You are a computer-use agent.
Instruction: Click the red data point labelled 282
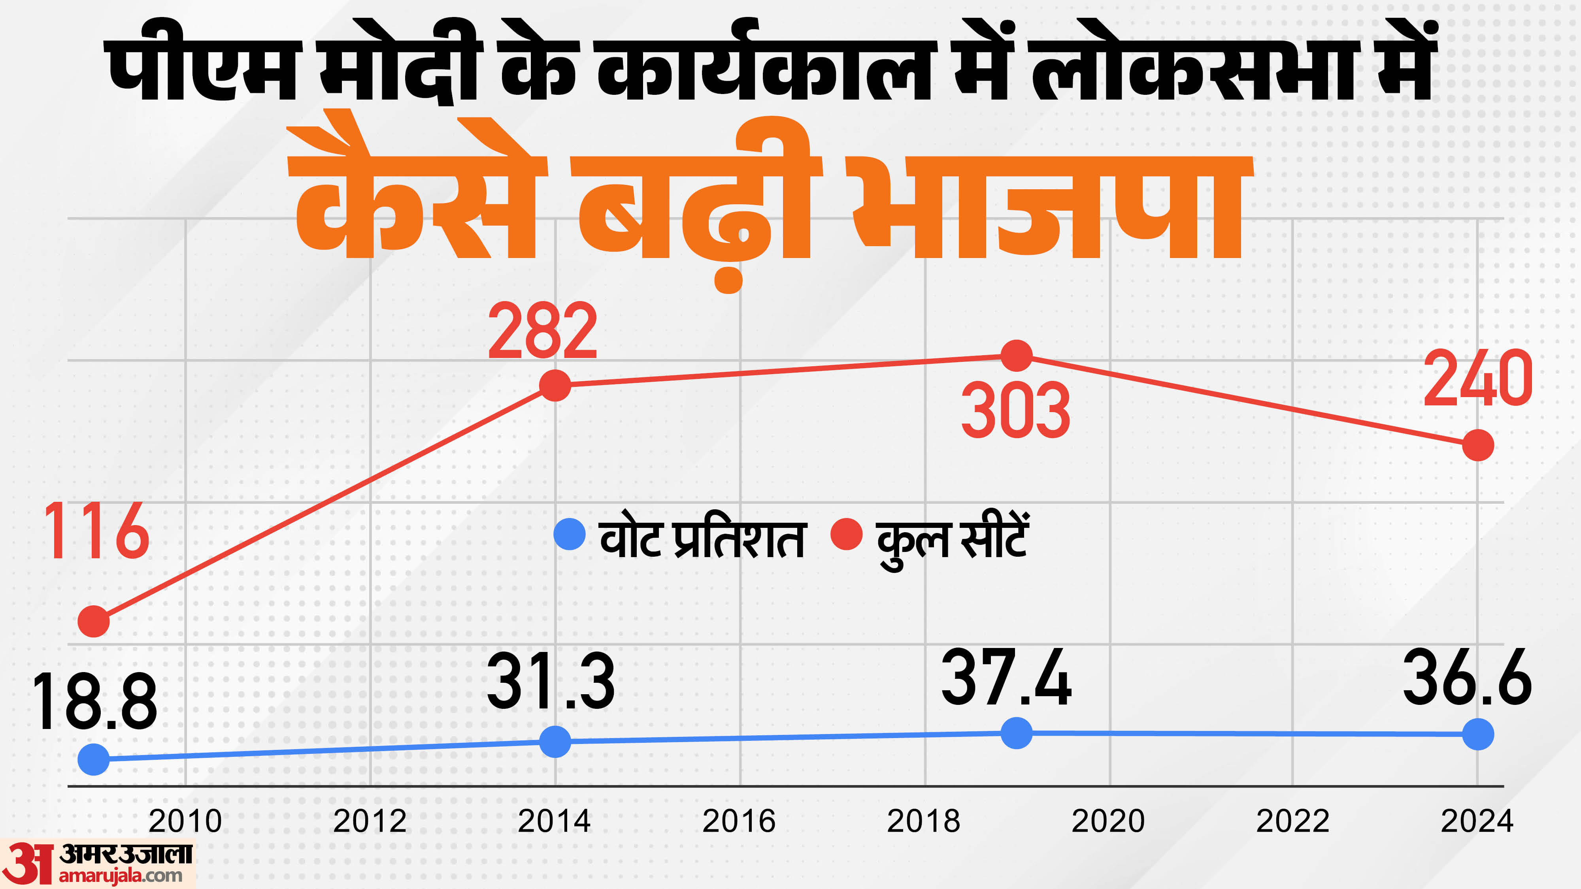[x=555, y=385]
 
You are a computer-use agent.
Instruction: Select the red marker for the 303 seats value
[x=1016, y=355]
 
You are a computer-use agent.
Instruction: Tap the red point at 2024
[x=1478, y=445]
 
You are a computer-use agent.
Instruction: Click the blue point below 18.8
[x=94, y=759]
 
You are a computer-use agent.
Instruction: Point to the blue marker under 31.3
[x=555, y=741]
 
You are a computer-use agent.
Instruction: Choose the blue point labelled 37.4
[x=1016, y=733]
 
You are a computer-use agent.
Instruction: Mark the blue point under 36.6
[x=1478, y=735]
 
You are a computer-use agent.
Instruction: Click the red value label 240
[x=1477, y=379]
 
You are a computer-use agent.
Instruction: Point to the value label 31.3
[x=551, y=682]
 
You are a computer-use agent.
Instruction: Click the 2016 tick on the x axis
[x=739, y=821]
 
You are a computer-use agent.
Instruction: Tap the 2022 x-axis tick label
[x=1292, y=821]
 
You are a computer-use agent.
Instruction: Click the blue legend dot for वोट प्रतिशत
[x=569, y=534]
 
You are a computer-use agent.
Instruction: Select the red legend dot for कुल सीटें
[x=846, y=534]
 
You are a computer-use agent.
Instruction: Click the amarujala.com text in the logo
[x=121, y=876]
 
